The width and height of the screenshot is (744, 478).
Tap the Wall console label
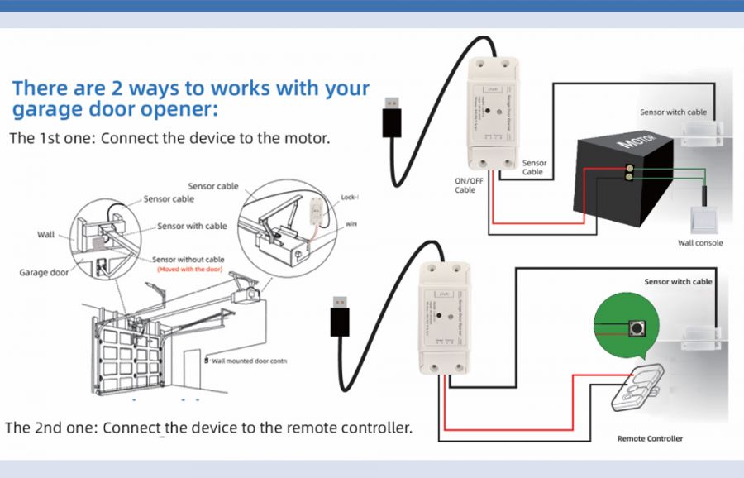[700, 243]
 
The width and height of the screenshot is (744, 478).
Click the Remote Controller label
[651, 438]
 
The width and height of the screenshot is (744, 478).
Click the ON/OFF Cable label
[469, 185]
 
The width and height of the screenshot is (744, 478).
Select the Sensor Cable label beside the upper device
[534, 168]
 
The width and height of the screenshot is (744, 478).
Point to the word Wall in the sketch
[46, 235]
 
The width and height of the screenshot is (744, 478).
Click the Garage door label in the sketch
[45, 272]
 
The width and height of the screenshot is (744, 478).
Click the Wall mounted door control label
[249, 361]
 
